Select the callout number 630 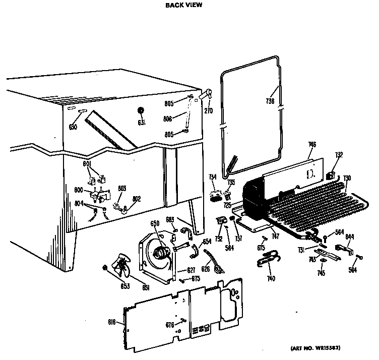coord(73,127)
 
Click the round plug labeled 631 coord(141,111)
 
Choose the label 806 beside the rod coord(168,119)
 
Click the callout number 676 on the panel coord(170,325)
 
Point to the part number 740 coord(271,278)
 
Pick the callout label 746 coord(312,145)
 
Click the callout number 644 coord(349,236)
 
